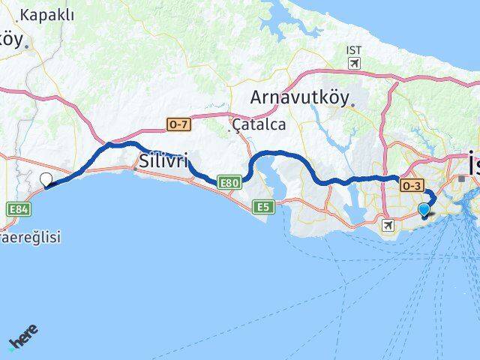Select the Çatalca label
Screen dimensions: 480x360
(259, 124)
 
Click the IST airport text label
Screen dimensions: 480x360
(354, 50)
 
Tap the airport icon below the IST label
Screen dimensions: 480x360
(354, 63)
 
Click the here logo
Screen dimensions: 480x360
(23, 338)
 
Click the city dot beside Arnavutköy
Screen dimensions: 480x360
(350, 104)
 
